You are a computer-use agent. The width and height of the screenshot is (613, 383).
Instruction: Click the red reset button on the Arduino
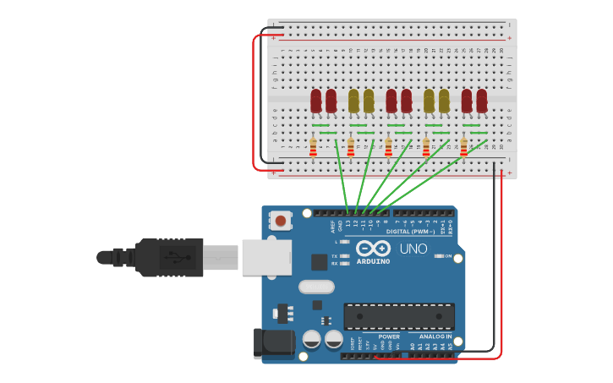coord(280,222)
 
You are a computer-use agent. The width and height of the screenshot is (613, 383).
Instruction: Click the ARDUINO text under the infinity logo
coord(373,261)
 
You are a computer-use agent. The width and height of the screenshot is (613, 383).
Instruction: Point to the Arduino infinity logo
coord(373,249)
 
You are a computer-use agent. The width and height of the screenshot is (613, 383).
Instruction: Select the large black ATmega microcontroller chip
coord(398,316)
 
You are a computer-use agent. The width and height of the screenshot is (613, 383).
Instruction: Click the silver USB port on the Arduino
coord(266,257)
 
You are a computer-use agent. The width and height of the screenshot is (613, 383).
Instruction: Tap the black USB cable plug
coord(168,257)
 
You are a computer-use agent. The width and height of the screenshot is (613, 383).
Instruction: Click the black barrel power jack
coord(275,343)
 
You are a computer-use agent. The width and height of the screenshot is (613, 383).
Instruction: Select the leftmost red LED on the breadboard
coord(315,101)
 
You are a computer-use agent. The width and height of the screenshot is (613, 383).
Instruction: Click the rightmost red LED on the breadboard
coord(482,101)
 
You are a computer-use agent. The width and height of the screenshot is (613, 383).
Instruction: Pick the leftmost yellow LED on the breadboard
coord(353,101)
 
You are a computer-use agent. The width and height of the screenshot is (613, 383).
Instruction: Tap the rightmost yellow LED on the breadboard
coord(444,101)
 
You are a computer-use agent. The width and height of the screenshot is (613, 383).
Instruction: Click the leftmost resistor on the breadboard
coord(313,148)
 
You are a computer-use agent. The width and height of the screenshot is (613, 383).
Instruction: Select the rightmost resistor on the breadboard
coord(463,148)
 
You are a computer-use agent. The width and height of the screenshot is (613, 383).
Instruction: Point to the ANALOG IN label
coord(436,336)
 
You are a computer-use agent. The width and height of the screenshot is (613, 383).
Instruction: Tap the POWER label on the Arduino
coord(389,336)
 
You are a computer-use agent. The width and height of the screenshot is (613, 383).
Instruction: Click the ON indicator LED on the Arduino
coord(438,255)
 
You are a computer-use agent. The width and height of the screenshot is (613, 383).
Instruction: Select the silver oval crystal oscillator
coord(316,287)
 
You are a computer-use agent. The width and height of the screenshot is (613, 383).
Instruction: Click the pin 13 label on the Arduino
coord(348,224)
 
